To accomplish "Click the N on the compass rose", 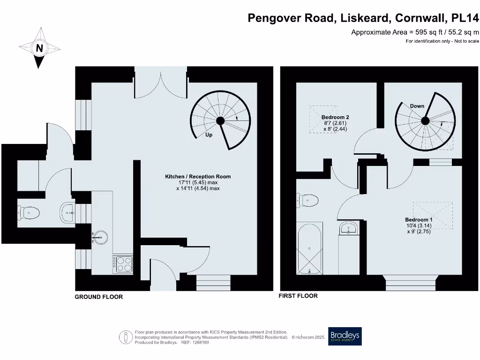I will (40, 48).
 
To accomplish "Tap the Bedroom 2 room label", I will (335, 117).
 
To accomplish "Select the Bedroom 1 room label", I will (419, 219).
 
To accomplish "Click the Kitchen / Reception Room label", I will (198, 177).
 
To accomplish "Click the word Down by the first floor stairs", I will (417, 106).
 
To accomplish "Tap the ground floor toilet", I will (29, 213).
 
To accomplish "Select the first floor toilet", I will (307, 201).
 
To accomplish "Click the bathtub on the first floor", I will (310, 249).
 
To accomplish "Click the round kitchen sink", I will (101, 237).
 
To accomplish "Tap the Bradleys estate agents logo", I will (345, 336).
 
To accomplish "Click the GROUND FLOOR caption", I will (99, 297).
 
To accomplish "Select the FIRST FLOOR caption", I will (298, 296).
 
